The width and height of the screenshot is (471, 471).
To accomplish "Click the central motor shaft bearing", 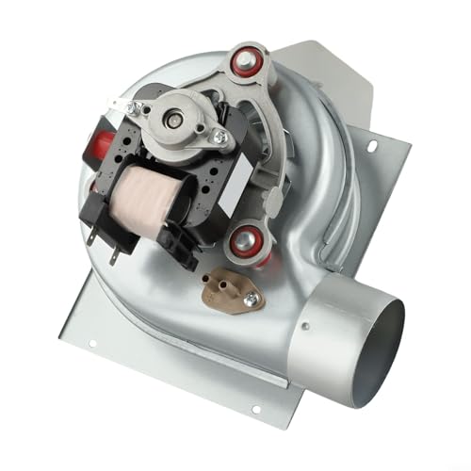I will click(175, 118).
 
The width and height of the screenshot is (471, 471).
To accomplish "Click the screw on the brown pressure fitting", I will click(250, 300).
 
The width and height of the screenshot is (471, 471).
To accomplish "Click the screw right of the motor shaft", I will click(220, 138).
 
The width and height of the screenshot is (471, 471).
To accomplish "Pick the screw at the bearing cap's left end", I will click(145, 110).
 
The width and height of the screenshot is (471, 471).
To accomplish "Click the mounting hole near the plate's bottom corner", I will click(253, 407).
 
